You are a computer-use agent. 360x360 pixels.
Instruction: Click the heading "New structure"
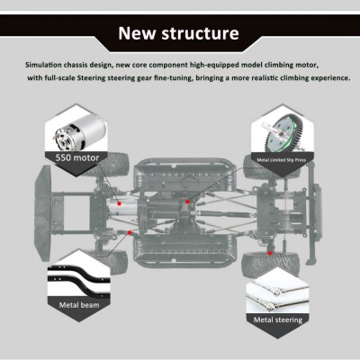tap(178, 33)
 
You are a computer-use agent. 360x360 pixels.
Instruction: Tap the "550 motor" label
tap(77, 157)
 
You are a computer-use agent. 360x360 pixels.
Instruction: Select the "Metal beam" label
tap(79, 305)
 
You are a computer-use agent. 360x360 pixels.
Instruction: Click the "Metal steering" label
tap(278, 319)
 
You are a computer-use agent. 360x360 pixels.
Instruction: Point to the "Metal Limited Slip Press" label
tap(282, 160)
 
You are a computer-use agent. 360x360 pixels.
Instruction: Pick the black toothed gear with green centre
tap(284, 134)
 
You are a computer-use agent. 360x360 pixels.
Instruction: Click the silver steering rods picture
tap(277, 296)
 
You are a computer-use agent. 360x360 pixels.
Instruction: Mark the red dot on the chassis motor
tap(119, 203)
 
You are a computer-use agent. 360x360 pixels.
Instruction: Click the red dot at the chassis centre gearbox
tap(187, 202)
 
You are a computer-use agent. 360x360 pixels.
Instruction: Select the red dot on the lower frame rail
tap(130, 232)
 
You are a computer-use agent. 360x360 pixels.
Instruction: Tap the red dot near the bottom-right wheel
tap(270, 253)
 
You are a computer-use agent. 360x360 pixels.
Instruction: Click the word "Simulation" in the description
tap(43, 65)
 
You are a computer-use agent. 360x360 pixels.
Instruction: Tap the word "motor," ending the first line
tap(306, 65)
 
